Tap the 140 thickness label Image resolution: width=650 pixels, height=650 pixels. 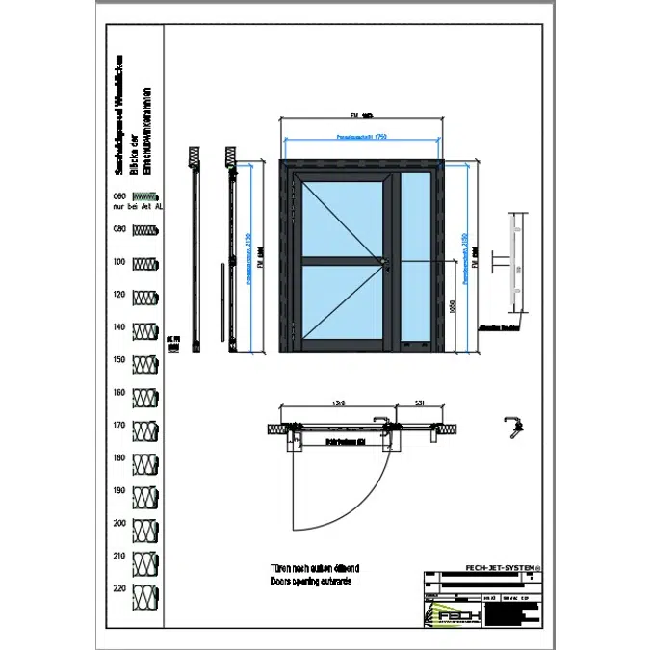point(120,327)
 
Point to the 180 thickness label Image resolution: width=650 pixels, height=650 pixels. point(120,458)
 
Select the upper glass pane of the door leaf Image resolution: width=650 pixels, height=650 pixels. point(342,219)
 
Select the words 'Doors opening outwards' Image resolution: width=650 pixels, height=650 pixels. point(308,583)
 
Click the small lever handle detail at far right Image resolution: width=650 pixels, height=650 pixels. point(513,424)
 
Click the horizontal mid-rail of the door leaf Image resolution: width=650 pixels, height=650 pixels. point(342,260)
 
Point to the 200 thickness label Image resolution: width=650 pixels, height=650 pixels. point(120,524)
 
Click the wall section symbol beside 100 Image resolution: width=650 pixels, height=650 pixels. point(145,264)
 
